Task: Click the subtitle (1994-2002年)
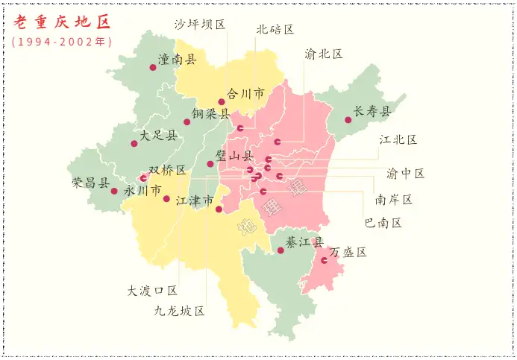click(62, 42)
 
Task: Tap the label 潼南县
click(177, 59)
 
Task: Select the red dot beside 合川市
click(221, 102)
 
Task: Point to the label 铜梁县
click(210, 114)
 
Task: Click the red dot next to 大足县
click(134, 143)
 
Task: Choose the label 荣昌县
click(90, 183)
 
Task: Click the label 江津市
click(195, 200)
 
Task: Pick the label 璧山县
click(234, 156)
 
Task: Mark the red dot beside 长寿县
click(348, 120)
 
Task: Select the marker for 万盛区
click(325, 260)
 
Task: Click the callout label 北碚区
click(275, 30)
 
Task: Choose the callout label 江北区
click(398, 139)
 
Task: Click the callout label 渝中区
click(405, 174)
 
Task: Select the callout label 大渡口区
click(152, 291)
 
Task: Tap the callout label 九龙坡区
click(179, 311)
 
